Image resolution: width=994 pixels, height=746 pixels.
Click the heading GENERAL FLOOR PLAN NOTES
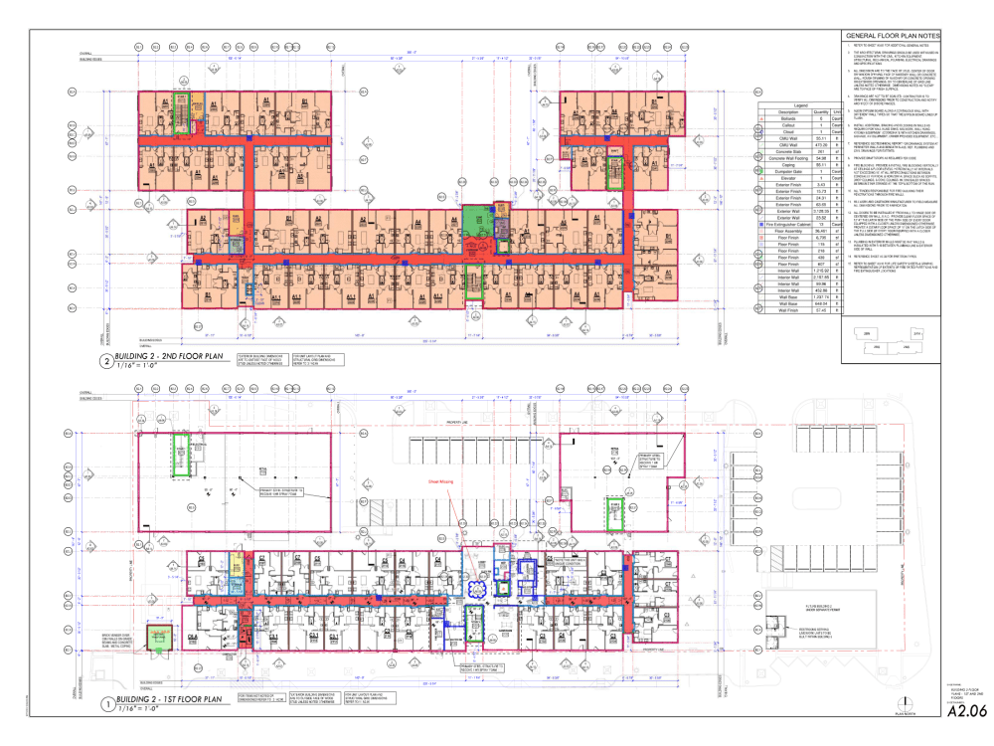pos(885,37)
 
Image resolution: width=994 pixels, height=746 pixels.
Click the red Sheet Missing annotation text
pos(440,480)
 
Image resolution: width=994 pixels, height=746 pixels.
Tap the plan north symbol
pos(905,703)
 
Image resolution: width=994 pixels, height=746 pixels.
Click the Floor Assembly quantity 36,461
pos(821,234)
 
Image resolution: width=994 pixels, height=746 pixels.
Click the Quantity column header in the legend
pos(821,110)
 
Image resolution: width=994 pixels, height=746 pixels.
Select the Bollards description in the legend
pos(785,117)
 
